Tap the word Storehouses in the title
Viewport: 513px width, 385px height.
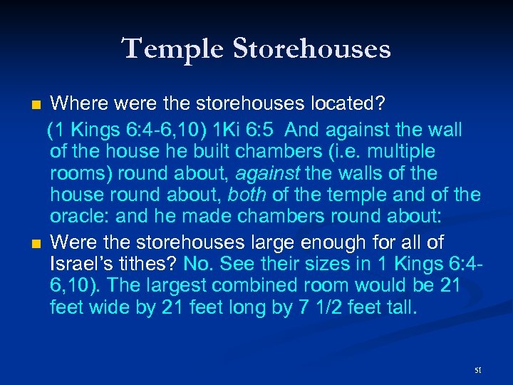tap(307, 48)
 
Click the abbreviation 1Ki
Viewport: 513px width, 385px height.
tap(215, 130)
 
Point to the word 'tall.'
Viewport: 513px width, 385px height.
tap(398, 308)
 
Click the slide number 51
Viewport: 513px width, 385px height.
tap(477, 370)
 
